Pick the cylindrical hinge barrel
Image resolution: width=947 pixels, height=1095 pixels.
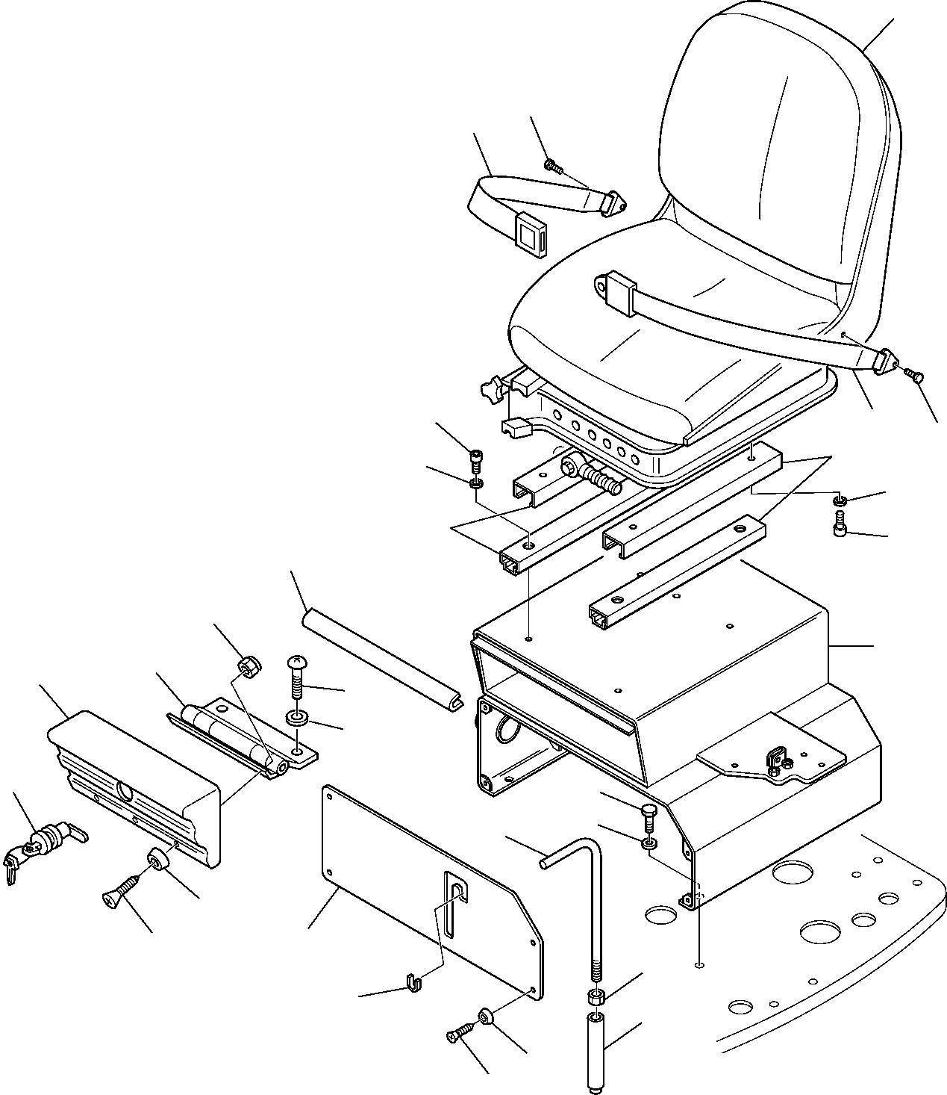[x=224, y=732]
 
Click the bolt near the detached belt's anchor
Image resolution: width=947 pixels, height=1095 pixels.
[x=552, y=165]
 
